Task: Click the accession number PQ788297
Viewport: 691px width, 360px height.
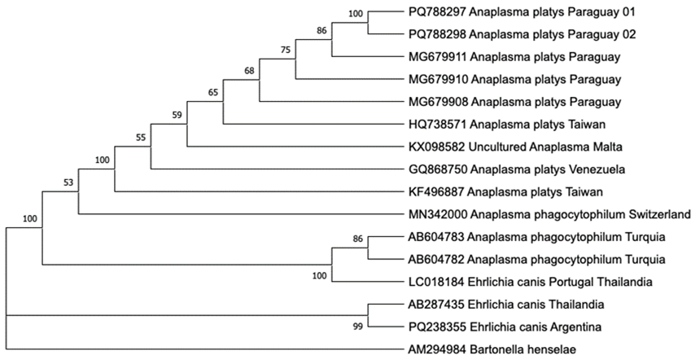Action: pos(437,12)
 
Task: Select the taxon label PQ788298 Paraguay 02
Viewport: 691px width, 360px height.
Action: pos(523,34)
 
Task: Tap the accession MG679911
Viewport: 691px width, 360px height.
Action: pos(438,57)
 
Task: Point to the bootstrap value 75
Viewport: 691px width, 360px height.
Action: pos(286,50)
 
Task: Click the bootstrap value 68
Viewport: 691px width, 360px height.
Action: pos(249,71)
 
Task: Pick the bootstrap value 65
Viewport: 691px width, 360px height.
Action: pos(213,92)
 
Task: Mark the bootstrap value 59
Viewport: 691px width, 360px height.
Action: pos(177,115)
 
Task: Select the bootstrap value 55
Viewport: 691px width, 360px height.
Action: pos(141,137)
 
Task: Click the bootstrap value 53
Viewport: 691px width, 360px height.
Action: pos(68,182)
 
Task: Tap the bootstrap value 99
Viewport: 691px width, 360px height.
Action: pos(358,327)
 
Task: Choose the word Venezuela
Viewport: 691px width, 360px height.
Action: pos(598,169)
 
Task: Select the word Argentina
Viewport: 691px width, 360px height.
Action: pos(576,327)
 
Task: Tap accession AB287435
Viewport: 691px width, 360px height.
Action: pos(437,305)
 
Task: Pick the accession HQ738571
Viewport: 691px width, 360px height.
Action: pos(437,125)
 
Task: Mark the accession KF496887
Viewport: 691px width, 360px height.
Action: pos(436,192)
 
